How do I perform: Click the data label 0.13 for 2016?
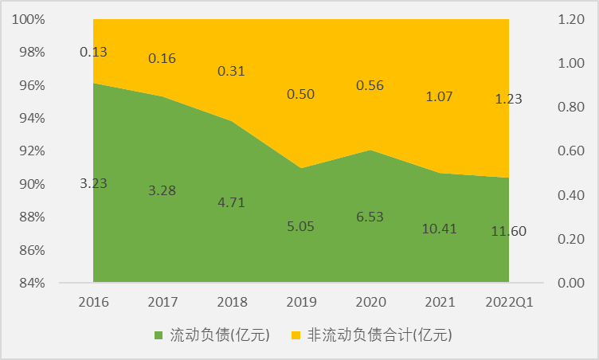93,52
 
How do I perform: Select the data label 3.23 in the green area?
93,183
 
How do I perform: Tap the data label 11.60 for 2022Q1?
509,232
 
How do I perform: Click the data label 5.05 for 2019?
301,225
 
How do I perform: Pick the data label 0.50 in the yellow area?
301,94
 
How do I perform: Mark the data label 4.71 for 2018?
232,202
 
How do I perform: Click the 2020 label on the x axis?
370,302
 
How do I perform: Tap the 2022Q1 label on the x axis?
509,302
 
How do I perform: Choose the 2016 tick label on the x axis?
93,302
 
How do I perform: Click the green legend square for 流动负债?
159,335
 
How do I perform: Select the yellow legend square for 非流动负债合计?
296,335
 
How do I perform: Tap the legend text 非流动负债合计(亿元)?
373,335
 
